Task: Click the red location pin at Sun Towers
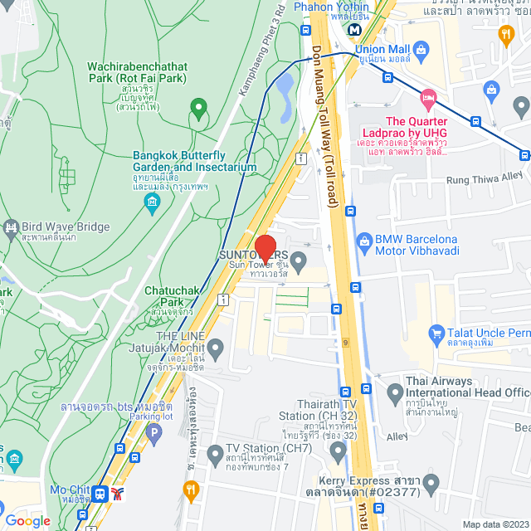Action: click(265, 248)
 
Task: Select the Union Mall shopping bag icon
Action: click(421, 51)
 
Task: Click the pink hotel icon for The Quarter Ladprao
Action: click(427, 97)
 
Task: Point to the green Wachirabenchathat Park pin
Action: click(197, 107)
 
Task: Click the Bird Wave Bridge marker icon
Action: click(11, 227)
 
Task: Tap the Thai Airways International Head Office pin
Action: click(394, 391)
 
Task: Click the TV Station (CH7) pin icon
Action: click(213, 454)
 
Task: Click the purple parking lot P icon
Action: click(153, 431)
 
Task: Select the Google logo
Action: click(27, 521)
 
